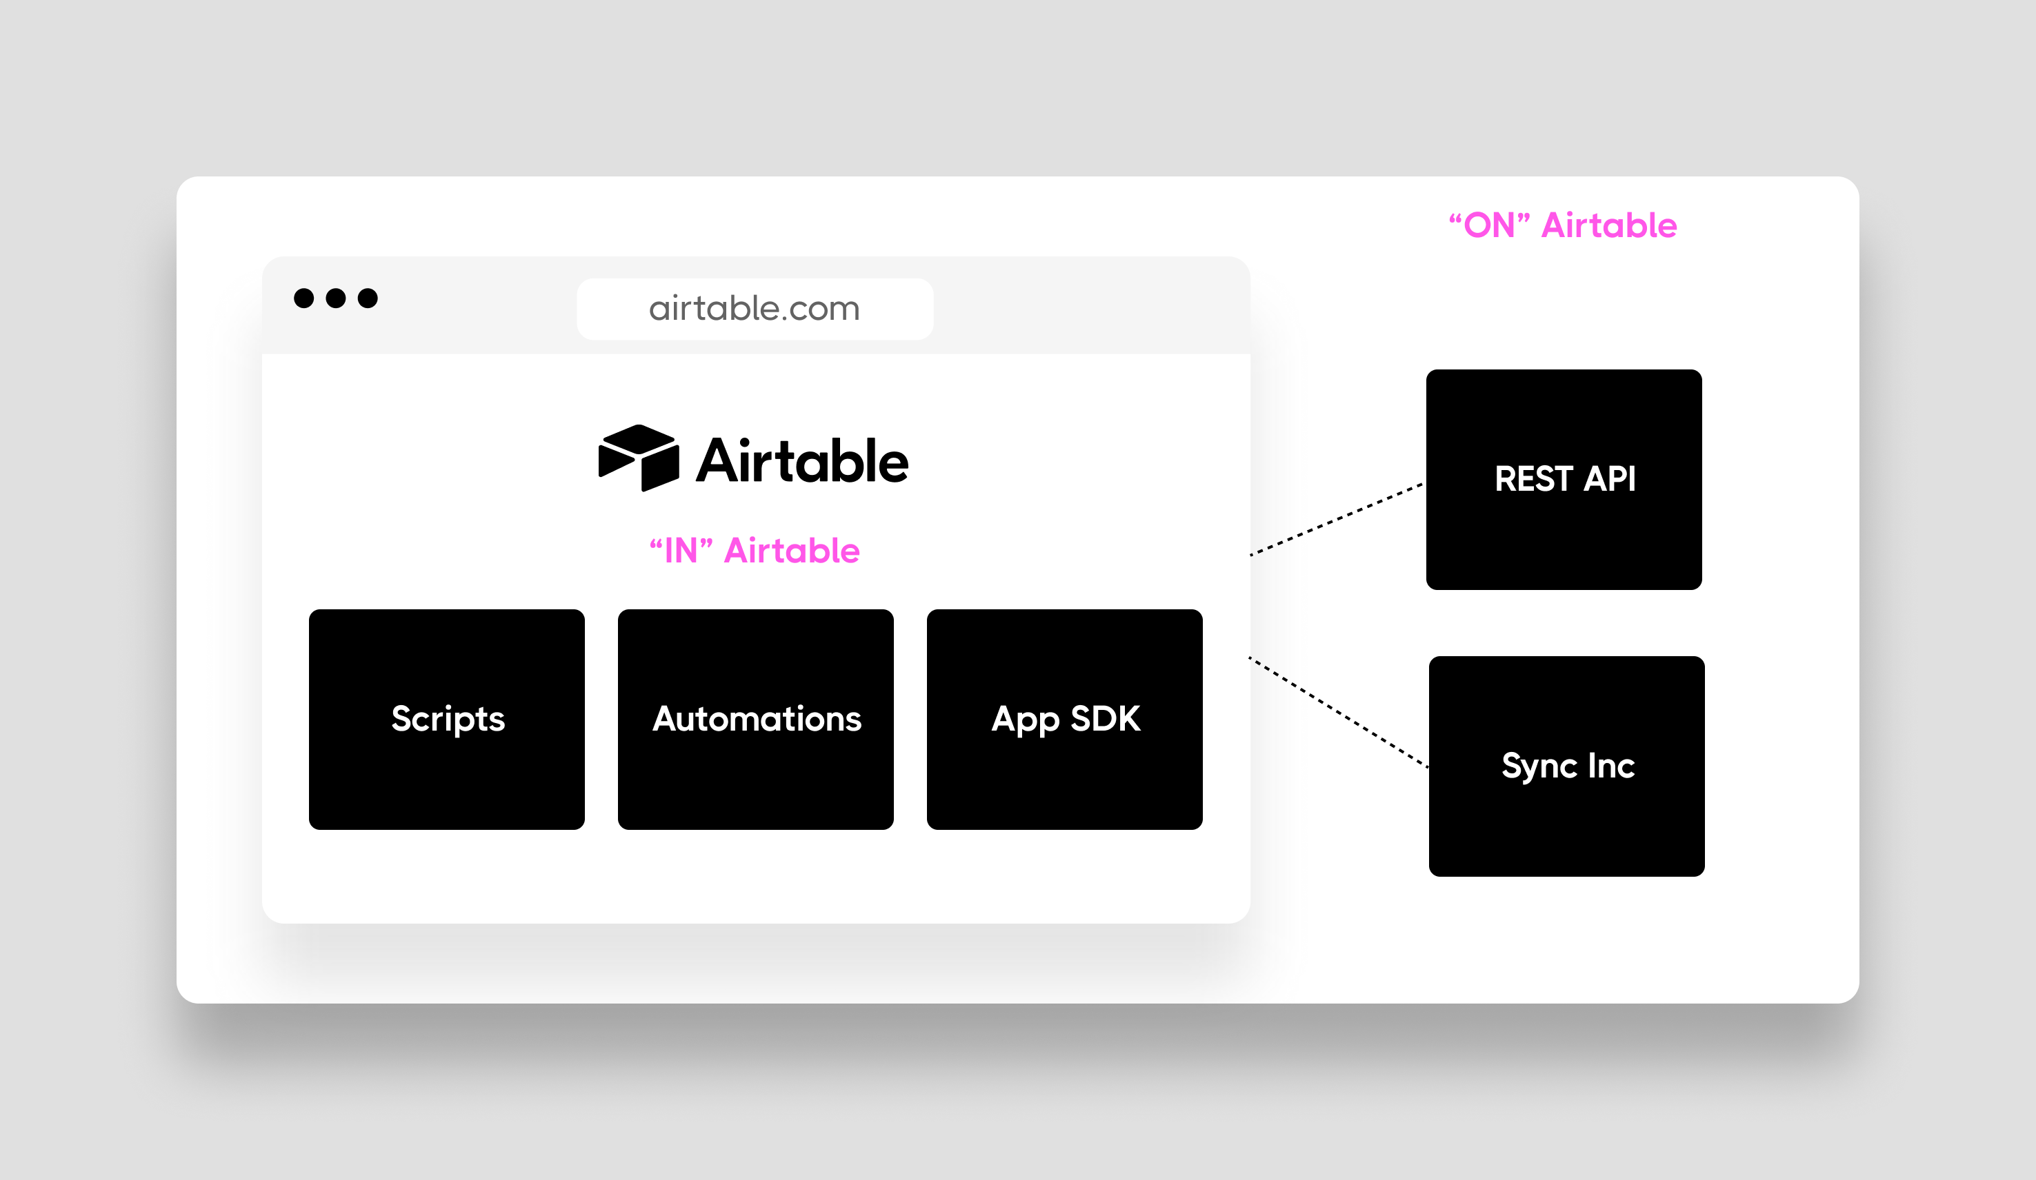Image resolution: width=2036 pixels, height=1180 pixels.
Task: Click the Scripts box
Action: [446, 719]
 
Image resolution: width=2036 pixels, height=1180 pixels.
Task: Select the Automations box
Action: [755, 719]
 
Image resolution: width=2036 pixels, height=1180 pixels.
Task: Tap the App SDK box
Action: [1064, 719]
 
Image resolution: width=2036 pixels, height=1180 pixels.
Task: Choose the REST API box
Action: [1564, 479]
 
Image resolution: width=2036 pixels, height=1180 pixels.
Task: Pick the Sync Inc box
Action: [1566, 766]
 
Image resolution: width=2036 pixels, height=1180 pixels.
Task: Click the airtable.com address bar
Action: [755, 309]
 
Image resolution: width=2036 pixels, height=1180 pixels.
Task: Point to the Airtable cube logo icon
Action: [638, 457]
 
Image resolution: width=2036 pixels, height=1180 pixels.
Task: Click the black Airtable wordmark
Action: [802, 461]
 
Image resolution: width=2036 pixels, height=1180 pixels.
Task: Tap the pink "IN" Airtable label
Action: [754, 551]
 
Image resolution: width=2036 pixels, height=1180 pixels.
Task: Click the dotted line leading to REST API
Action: [1337, 518]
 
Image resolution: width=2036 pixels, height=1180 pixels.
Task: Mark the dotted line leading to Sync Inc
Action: [1338, 711]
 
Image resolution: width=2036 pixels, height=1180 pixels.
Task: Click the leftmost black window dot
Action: [303, 298]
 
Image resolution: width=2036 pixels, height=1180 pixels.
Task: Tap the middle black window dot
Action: [335, 298]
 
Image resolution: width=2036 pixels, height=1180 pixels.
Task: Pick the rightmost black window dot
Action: [368, 298]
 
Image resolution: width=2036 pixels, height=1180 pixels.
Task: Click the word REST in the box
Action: [1533, 479]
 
